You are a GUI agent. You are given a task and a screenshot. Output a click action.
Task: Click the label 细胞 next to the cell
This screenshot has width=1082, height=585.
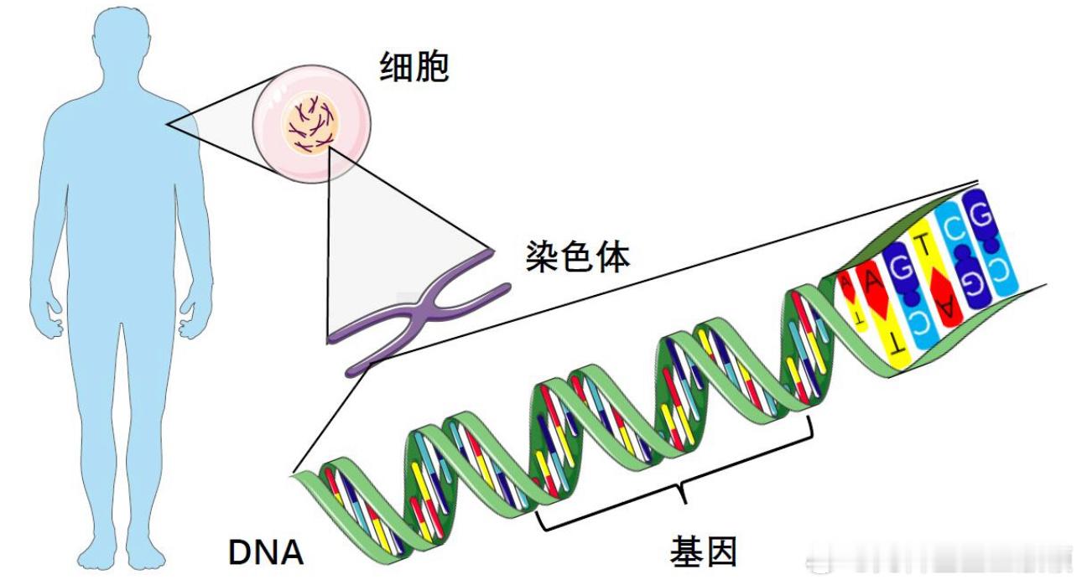pos(414,66)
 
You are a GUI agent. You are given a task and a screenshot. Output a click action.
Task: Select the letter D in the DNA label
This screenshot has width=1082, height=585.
pos(241,552)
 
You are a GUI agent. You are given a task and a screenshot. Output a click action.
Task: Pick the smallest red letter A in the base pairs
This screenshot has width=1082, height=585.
pos(845,286)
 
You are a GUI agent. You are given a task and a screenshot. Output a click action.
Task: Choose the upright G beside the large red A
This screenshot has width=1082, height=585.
pos(900,267)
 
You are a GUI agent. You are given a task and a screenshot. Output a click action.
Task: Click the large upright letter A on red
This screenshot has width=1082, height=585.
pos(871,282)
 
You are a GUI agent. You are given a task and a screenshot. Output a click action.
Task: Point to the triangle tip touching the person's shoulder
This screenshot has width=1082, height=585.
pos(167,125)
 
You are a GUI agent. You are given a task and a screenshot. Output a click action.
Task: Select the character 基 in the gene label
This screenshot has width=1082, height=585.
pos(686,551)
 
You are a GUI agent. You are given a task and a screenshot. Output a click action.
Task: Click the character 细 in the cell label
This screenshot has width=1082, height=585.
pos(396,66)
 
